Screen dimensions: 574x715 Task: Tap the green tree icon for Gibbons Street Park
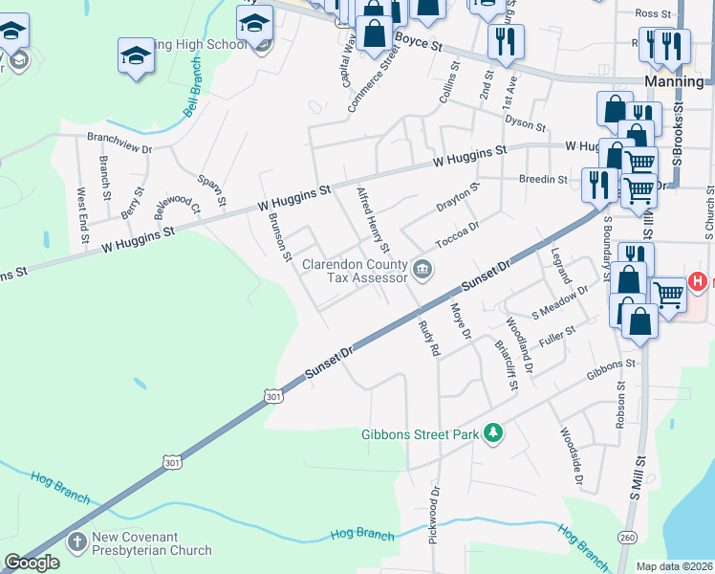(x=493, y=433)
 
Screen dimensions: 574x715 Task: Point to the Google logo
(x=32, y=563)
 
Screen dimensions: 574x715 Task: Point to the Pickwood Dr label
(x=435, y=511)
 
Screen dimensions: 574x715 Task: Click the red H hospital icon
(x=699, y=282)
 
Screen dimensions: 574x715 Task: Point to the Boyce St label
(x=421, y=44)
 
